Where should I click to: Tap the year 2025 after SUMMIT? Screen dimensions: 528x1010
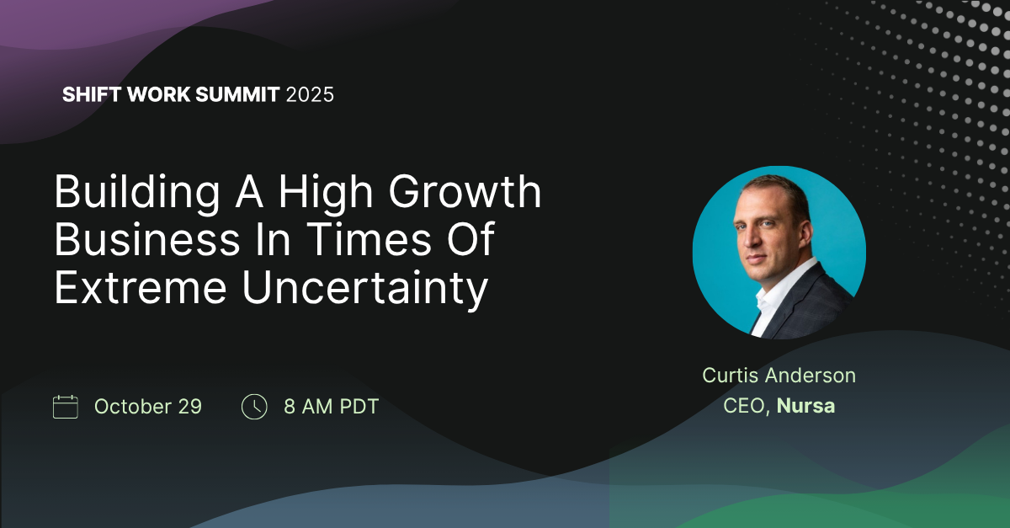[310, 94]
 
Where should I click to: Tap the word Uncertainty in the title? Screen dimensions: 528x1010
[365, 289]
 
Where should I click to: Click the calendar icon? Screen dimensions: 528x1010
[66, 407]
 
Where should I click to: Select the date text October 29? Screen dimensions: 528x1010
[148, 407]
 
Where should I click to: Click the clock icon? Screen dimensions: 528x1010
[254, 407]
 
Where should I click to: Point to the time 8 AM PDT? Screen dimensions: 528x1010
[331, 407]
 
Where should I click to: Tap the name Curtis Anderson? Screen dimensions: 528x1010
[779, 376]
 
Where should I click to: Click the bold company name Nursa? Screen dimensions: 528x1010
[805, 406]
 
